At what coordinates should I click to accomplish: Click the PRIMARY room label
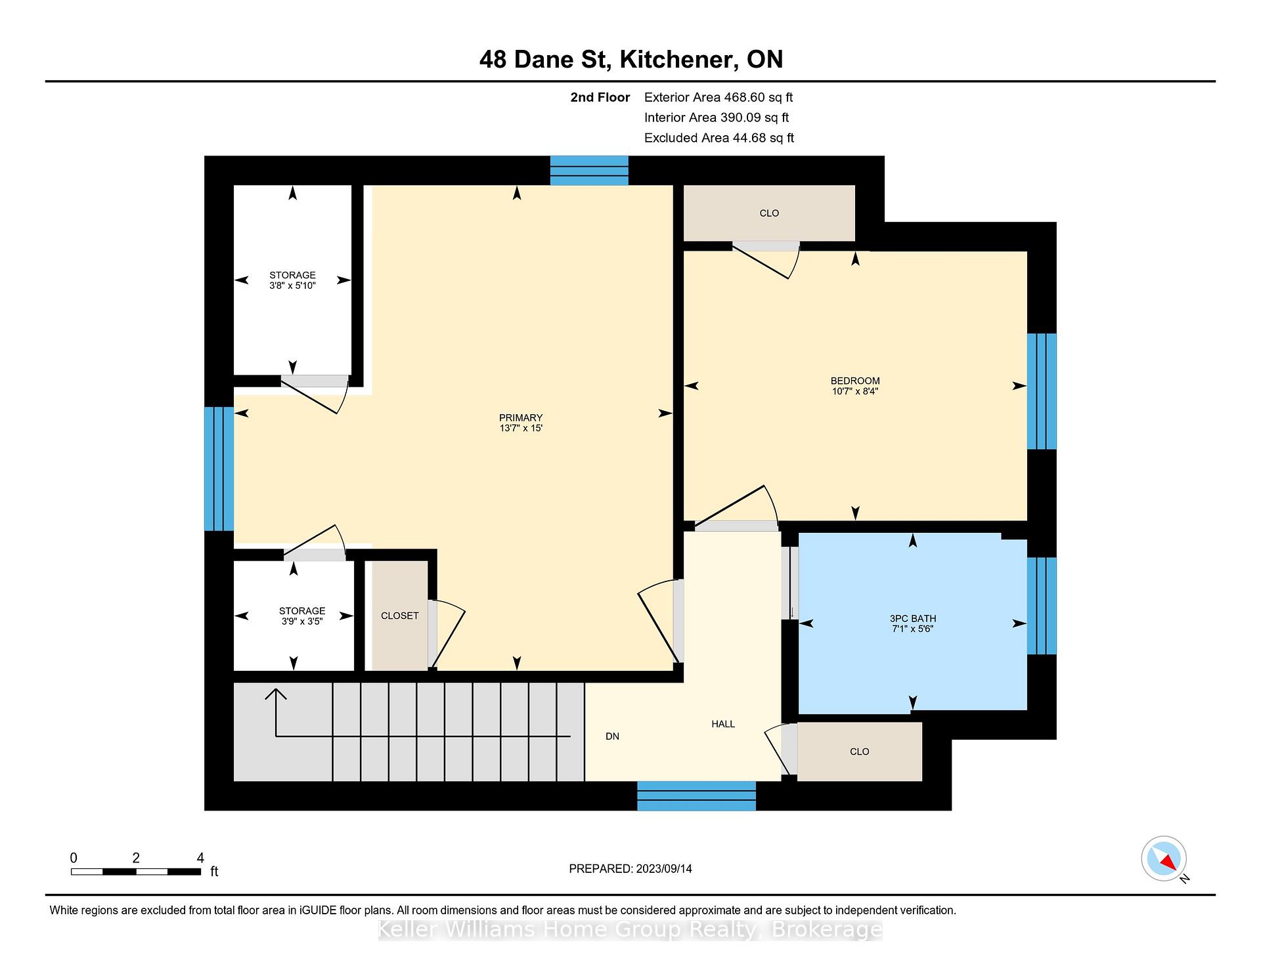pos(521,418)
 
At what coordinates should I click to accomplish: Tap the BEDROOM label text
pos(855,381)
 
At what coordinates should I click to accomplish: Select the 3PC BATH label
pos(913,618)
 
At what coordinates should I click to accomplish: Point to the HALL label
pos(723,724)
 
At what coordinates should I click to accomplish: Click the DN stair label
pos(612,736)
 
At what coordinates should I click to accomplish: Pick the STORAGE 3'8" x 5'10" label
pos(293,280)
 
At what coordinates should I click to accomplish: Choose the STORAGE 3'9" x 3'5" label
pos(302,616)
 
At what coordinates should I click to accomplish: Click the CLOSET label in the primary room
pos(400,616)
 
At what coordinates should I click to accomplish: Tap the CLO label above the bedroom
pos(769,213)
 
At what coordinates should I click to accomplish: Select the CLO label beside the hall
pos(860,752)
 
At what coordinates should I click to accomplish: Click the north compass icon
pos(1164,858)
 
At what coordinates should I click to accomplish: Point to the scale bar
pos(136,872)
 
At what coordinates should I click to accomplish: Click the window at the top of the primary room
pos(589,171)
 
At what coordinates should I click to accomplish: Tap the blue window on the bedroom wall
pos(1042,391)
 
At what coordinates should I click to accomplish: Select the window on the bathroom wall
pos(1042,606)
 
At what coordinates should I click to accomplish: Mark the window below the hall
pos(697,795)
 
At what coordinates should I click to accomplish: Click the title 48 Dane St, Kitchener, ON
pos(631,60)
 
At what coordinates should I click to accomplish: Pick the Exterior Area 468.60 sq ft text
pos(719,97)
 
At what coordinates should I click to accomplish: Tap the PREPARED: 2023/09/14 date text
pos(630,868)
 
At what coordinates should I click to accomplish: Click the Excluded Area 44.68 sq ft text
pos(719,138)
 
